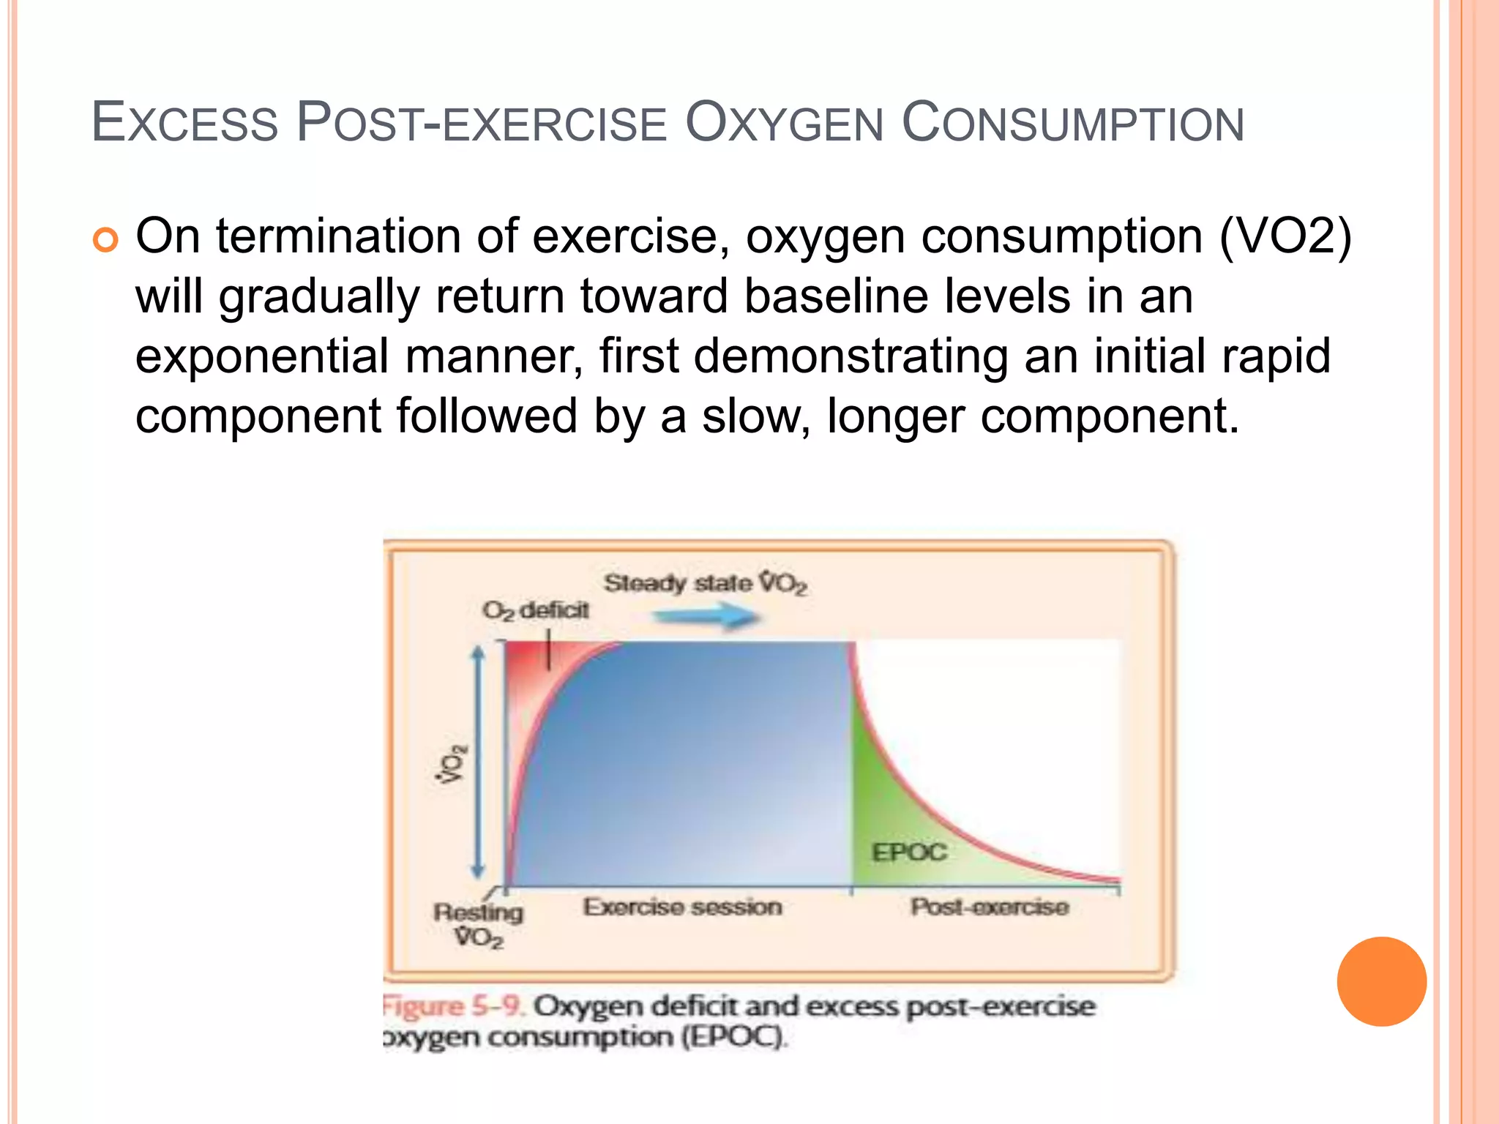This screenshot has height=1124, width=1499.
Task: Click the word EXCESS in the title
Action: click(185, 123)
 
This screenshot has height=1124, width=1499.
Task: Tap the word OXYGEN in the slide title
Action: click(784, 123)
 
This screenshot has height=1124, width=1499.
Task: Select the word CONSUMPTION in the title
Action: click(1072, 123)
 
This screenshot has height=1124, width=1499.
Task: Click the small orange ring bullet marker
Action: click(105, 240)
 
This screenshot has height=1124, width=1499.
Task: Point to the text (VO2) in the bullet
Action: click(1285, 237)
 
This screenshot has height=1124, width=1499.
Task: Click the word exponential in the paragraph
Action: click(261, 356)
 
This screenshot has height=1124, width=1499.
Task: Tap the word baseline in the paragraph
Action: click(836, 296)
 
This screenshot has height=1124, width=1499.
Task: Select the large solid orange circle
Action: click(1381, 981)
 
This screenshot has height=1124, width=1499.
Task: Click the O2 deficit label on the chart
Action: click(535, 610)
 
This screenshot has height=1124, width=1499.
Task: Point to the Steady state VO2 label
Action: click(705, 583)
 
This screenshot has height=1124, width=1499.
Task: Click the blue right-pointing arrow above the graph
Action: click(705, 618)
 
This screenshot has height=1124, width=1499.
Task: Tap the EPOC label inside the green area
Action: click(908, 852)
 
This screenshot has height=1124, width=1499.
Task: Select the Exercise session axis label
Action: click(682, 907)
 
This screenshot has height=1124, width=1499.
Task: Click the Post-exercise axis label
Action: click(989, 907)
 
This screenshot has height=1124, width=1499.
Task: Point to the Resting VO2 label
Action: click(478, 924)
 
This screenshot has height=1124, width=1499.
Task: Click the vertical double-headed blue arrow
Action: click(478, 761)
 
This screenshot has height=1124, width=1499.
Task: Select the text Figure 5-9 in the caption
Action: click(453, 1006)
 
